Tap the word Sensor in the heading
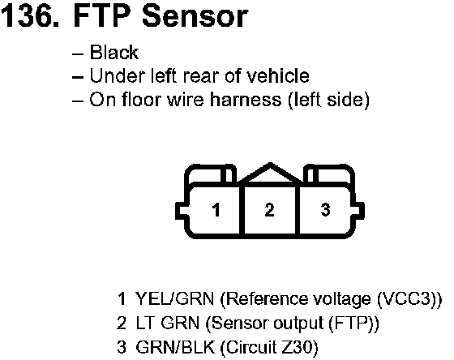tap(195, 16)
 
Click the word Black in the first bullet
tap(114, 53)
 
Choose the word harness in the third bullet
tap(246, 99)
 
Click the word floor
tap(141, 99)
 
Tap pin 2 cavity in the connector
tap(270, 210)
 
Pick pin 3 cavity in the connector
tap(325, 210)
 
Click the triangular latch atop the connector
tap(270, 174)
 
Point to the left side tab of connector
tap(182, 211)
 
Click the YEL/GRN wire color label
tap(174, 298)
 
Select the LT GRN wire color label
tap(167, 323)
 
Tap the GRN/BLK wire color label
tap(175, 347)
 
